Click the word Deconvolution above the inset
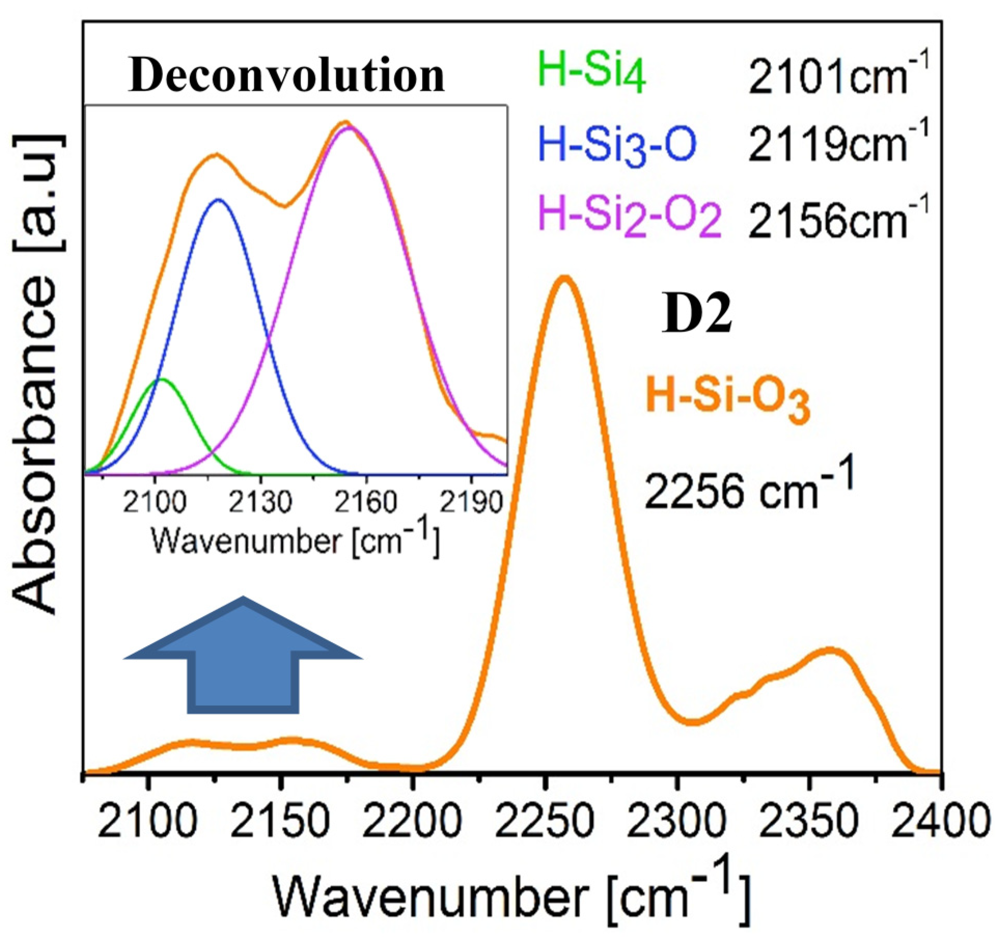coord(286,76)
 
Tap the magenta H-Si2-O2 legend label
coord(630,219)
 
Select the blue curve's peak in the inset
coord(218,200)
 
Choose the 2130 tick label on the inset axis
coord(260,502)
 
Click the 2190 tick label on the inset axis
coord(471,502)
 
